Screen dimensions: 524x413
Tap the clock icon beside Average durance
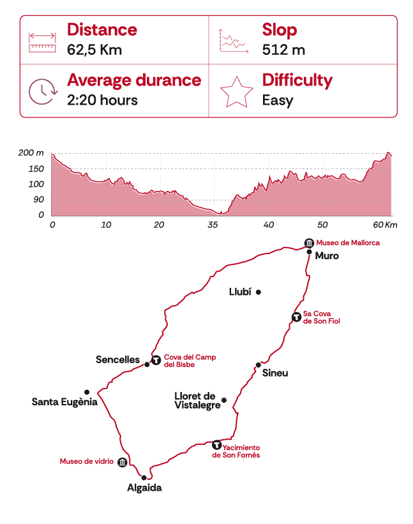(43, 90)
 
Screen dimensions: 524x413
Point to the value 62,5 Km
(94, 50)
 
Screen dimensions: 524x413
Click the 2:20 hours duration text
(102, 100)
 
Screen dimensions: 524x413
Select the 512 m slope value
(283, 50)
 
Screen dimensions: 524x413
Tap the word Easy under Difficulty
(278, 100)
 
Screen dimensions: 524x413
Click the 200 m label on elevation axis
(31, 153)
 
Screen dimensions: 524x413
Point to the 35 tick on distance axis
(214, 225)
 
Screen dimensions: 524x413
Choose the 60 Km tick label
(385, 225)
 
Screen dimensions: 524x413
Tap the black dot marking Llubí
(259, 292)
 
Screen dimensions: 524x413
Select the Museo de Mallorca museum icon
(309, 243)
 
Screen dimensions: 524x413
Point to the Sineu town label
(274, 373)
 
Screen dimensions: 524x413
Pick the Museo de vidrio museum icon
(123, 462)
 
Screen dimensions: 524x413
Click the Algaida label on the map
(144, 488)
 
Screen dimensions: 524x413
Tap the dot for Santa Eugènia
(87, 392)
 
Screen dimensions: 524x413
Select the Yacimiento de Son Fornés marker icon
(216, 445)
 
